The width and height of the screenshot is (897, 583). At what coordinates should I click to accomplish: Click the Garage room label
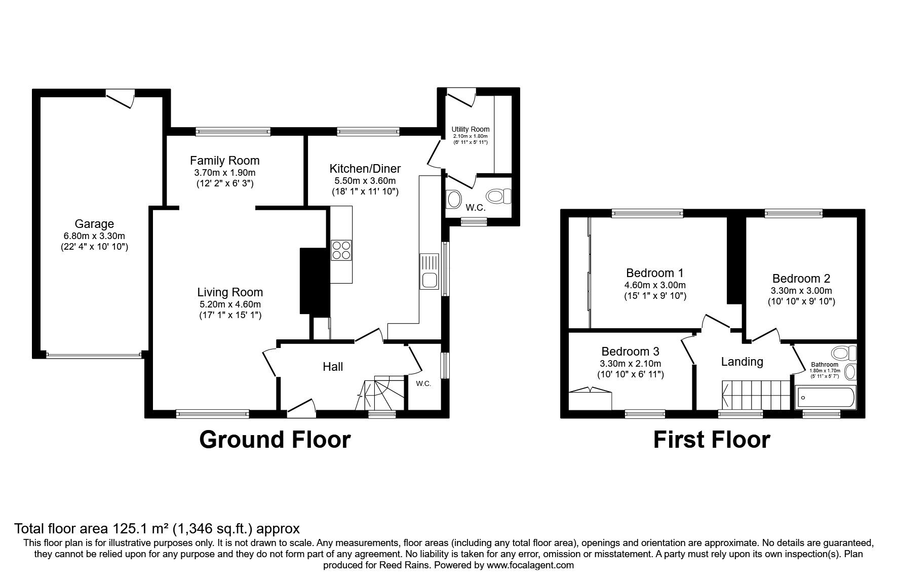pyautogui.click(x=94, y=224)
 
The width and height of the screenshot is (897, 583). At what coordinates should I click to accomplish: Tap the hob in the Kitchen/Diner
pyautogui.click(x=341, y=250)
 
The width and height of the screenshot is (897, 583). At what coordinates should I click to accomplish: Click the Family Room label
pyautogui.click(x=224, y=161)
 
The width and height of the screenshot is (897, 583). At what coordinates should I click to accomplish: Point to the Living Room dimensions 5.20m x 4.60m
pyautogui.click(x=230, y=304)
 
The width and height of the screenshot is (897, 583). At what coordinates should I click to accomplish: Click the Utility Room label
pyautogui.click(x=471, y=129)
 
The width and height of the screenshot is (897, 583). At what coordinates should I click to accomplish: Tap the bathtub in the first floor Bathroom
pyautogui.click(x=826, y=397)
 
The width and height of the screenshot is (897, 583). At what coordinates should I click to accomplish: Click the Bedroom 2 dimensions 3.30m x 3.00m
pyautogui.click(x=801, y=291)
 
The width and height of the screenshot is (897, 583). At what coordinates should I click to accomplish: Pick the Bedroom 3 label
pyautogui.click(x=631, y=352)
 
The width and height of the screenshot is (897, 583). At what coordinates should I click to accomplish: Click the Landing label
pyautogui.click(x=742, y=362)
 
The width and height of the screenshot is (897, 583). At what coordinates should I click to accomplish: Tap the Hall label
pyautogui.click(x=333, y=367)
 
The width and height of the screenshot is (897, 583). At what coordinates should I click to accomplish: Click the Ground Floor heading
pyautogui.click(x=275, y=440)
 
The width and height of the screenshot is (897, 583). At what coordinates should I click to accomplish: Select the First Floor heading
pyautogui.click(x=712, y=440)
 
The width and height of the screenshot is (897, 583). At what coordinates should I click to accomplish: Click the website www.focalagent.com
pyautogui.click(x=530, y=565)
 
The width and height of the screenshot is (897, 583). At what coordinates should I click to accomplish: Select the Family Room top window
pyautogui.click(x=233, y=132)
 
